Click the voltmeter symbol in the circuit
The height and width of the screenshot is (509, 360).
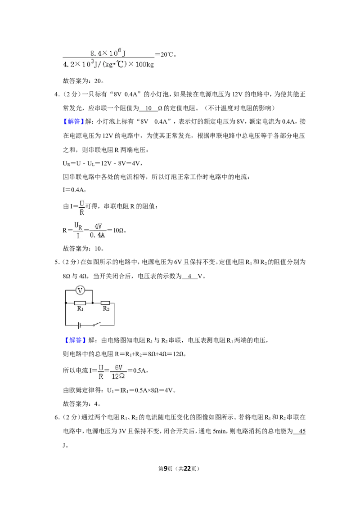[80, 290]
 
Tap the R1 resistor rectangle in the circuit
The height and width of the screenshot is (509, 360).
[80, 303]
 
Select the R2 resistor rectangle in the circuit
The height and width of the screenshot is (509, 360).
[105, 303]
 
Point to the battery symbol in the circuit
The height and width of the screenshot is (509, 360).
[79, 325]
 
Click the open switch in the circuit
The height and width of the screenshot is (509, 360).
[96, 324]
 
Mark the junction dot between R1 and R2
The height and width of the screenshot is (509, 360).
[93, 303]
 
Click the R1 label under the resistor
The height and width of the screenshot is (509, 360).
[80, 309]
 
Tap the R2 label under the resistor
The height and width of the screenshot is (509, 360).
[106, 309]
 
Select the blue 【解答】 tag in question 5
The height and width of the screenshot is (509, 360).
[74, 340]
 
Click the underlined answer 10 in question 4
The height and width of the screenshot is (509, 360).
[148, 108]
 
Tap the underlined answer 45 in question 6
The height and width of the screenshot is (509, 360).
[302, 431]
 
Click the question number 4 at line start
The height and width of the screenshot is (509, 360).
[57, 94]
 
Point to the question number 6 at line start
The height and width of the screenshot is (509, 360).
[57, 417]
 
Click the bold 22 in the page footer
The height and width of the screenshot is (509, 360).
[187, 469]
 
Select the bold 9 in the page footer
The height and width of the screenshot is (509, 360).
[166, 469]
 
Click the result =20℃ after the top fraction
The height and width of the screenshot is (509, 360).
[166, 54]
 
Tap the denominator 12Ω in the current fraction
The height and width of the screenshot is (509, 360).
[118, 376]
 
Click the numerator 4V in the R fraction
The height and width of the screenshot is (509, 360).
[98, 226]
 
